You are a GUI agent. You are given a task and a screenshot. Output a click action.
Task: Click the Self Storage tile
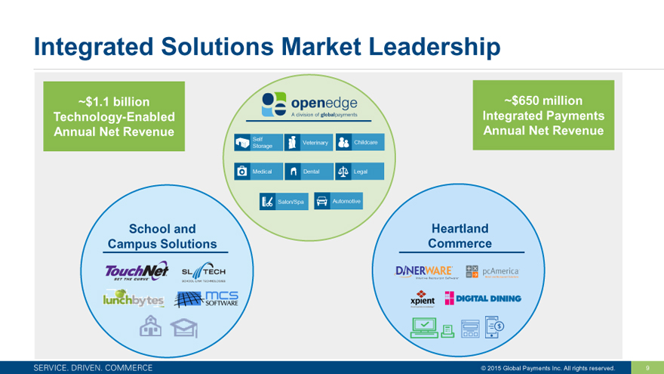(x=257, y=142)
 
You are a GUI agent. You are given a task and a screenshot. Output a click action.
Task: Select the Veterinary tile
(x=308, y=142)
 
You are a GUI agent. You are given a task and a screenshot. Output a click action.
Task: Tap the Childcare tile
(x=358, y=142)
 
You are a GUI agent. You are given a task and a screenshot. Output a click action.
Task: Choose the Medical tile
(x=257, y=172)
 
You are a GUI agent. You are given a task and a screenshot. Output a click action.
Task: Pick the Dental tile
(x=308, y=172)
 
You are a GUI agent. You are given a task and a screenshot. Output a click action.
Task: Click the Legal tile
(x=358, y=172)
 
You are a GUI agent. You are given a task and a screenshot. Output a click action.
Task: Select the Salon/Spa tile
(x=283, y=202)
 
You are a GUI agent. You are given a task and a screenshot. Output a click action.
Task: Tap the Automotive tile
(x=337, y=201)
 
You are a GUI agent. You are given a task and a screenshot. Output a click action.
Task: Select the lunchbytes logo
(x=134, y=301)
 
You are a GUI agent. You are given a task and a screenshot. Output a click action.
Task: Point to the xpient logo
(x=422, y=298)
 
